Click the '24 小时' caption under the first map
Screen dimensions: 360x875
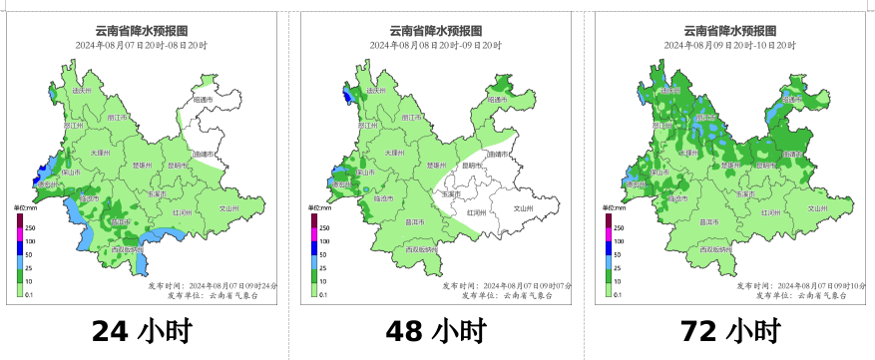tap(141, 330)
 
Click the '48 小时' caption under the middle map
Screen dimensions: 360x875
tap(435, 330)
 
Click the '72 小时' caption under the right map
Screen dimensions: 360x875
tap(729, 330)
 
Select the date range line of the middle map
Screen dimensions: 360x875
tap(436, 46)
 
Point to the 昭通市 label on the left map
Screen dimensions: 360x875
tap(205, 100)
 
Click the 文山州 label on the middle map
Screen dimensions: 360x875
tap(523, 208)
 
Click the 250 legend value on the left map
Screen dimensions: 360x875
tap(32, 228)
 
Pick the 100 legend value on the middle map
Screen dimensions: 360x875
tap(326, 242)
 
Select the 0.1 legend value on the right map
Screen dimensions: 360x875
tap(619, 295)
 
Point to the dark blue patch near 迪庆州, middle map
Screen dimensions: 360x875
tap(346, 96)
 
